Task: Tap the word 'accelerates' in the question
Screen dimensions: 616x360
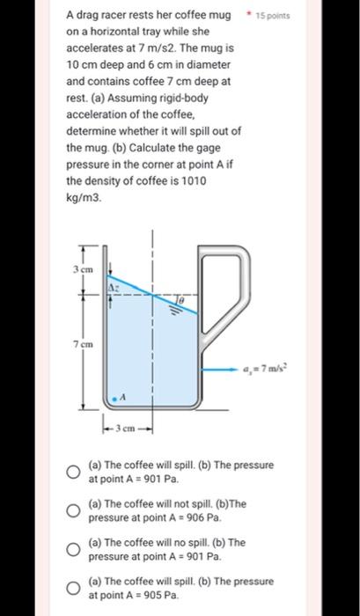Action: [x=96, y=49]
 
